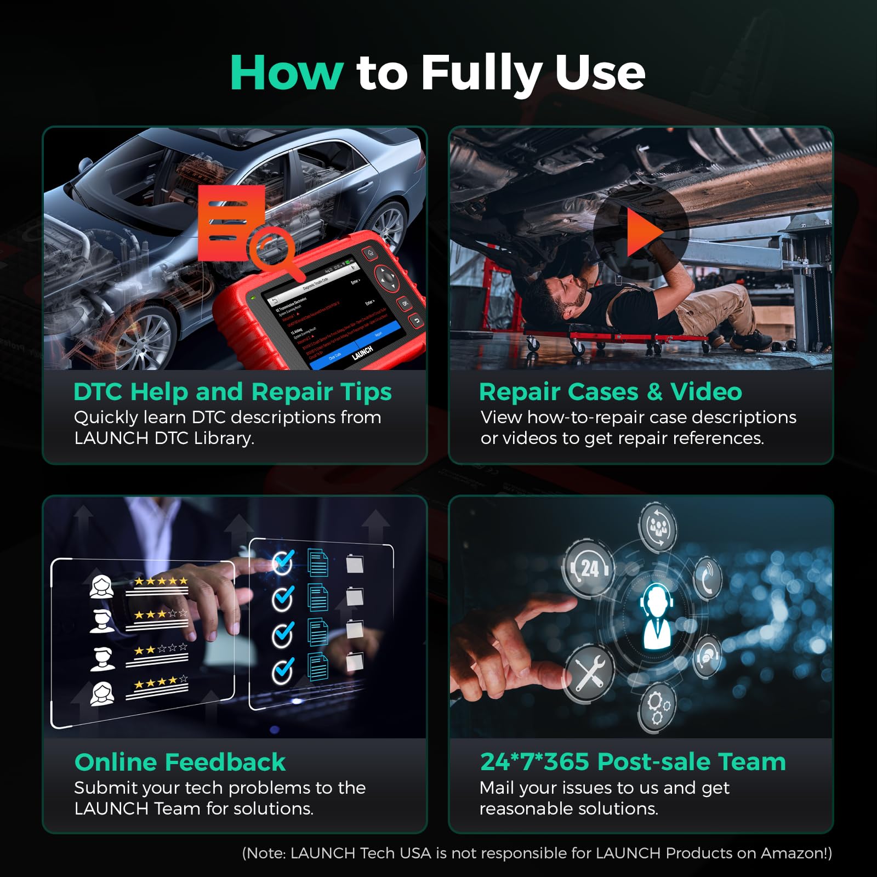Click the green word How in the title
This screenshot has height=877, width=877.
tap(286, 72)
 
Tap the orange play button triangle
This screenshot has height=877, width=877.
tap(642, 234)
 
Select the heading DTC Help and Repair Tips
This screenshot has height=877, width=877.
tap(232, 392)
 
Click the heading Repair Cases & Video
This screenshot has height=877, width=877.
tap(610, 392)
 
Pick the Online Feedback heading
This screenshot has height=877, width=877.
tap(180, 762)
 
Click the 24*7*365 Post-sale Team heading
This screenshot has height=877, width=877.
tap(633, 762)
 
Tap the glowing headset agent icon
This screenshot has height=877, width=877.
tap(657, 617)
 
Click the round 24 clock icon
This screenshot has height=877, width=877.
tap(589, 569)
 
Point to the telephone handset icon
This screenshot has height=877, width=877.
tap(708, 579)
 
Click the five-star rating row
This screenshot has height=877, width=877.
tap(161, 581)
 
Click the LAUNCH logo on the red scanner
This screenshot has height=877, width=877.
tap(362, 352)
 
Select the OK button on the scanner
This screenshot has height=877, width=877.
tap(405, 303)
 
